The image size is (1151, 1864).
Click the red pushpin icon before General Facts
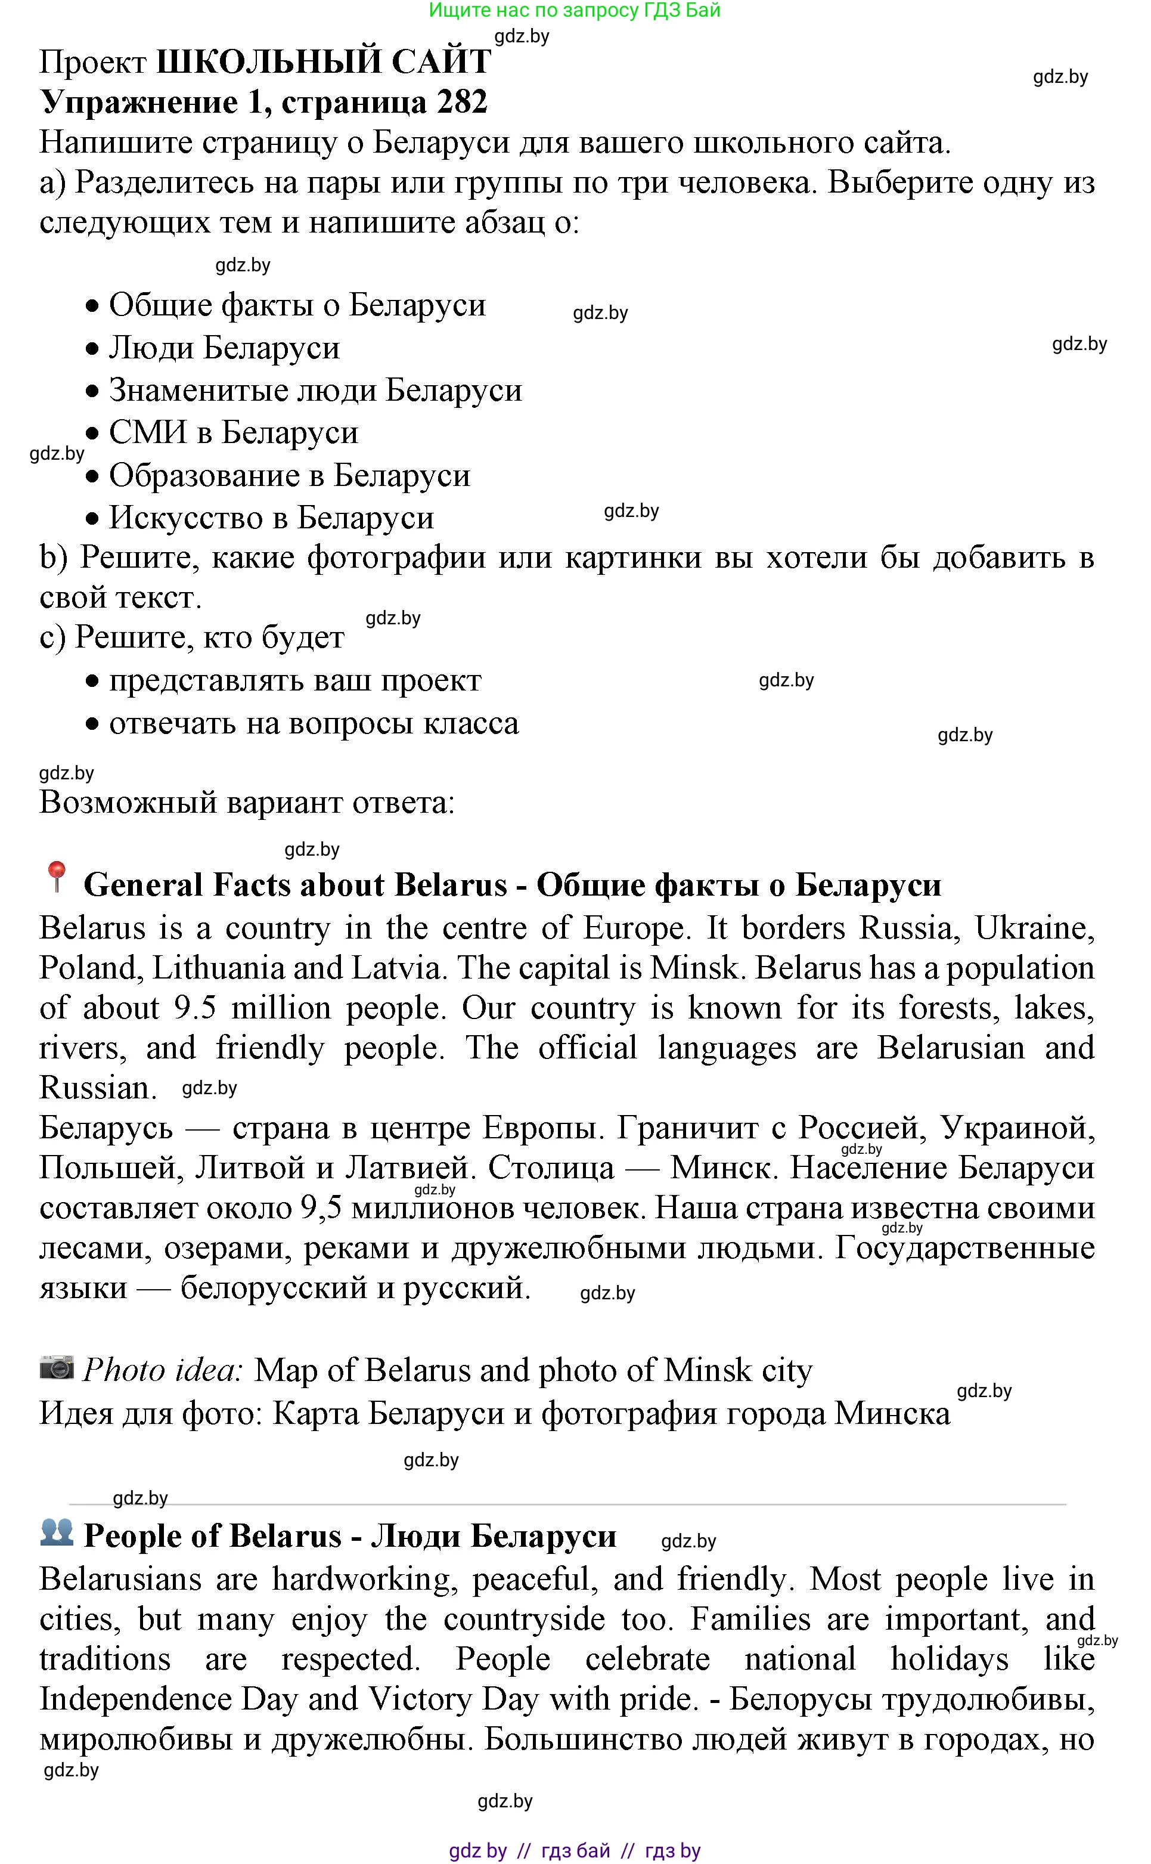coord(55,877)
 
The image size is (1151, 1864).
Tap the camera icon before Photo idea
coord(57,1367)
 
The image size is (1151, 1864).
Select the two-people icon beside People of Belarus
coord(57,1531)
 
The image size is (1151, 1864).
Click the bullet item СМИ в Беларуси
coord(233,432)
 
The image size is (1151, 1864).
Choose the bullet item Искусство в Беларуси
coord(271,518)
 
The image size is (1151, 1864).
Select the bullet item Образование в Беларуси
coord(289,475)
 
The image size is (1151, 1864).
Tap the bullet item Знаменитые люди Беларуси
coord(315,390)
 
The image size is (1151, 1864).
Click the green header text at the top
coord(574,11)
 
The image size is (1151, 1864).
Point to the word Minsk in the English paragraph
coord(695,968)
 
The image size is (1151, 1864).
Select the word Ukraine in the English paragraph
coord(1034,928)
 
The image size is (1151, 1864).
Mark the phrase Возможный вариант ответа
coord(247,803)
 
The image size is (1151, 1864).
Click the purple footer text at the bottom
coord(574,1850)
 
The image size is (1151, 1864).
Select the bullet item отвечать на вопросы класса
coord(314,723)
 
